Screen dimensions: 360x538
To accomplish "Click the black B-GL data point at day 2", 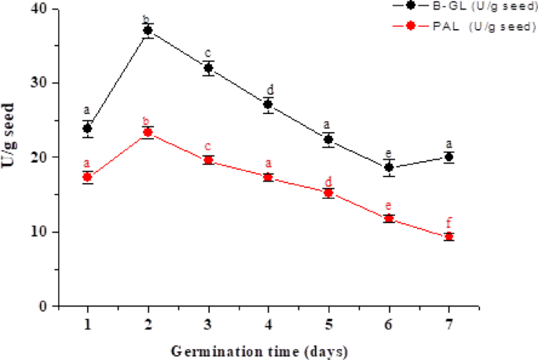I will coord(148,31).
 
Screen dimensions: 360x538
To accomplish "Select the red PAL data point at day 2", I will coord(148,132).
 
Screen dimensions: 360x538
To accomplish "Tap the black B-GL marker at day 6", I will coord(389,167).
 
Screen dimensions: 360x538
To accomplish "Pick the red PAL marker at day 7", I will coord(448,237).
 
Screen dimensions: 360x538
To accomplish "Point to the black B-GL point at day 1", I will coord(87,128).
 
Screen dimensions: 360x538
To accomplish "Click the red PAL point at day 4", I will coord(268,178).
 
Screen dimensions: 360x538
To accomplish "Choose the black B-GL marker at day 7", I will coord(448,157).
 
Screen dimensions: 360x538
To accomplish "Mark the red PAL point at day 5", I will coord(328,193).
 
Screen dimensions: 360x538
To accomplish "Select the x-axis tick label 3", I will coord(208,322).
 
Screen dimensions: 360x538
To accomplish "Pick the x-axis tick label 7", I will coord(448,322).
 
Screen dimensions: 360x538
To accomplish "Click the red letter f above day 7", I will coord(449,222).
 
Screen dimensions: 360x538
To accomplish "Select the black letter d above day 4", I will coord(269,89).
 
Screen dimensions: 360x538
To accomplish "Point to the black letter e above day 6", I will coord(389,152).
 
